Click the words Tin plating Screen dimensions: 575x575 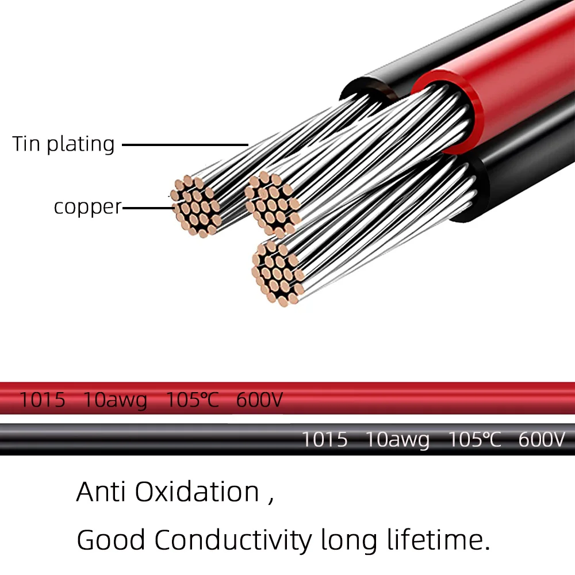click(x=63, y=144)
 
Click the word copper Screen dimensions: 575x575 click(x=87, y=207)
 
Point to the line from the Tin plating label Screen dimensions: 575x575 click(x=184, y=145)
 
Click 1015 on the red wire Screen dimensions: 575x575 click(x=43, y=400)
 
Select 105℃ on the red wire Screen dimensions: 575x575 click(x=192, y=400)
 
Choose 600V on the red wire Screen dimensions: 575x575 click(x=259, y=400)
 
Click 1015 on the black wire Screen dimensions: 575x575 click(x=325, y=440)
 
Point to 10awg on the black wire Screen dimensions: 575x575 click(x=397, y=440)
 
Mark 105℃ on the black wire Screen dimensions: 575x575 click(x=474, y=440)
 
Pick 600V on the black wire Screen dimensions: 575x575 click(x=542, y=440)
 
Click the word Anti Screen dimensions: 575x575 click(x=101, y=492)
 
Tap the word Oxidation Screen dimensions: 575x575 click(x=197, y=492)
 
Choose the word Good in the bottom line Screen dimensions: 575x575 click(x=110, y=540)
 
